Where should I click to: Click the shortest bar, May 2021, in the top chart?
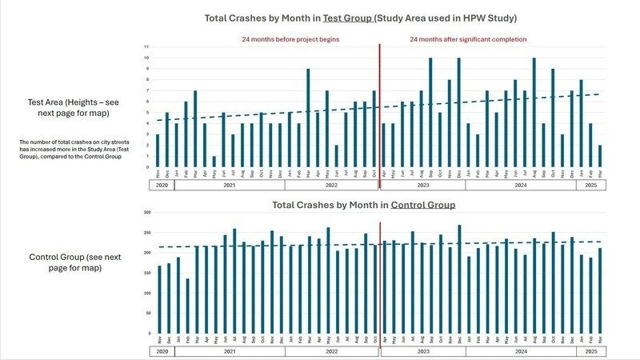214,162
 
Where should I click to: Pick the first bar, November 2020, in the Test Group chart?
158,150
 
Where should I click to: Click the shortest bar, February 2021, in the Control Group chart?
187,306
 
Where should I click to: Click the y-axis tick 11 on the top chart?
146,46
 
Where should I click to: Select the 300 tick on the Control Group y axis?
145,213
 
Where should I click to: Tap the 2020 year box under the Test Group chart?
162,185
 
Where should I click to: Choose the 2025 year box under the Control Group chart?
591,351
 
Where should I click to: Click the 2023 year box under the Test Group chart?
422,185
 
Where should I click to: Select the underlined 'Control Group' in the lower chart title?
422,205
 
